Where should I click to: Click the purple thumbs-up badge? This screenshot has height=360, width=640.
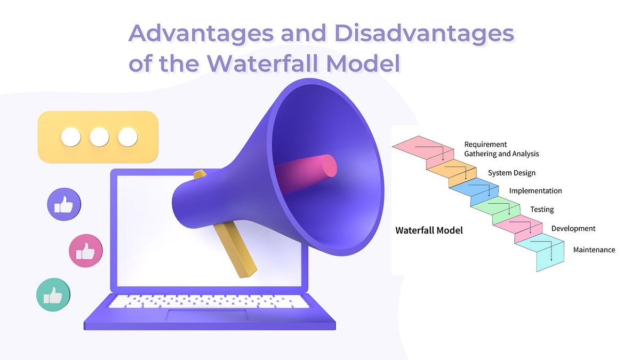64,205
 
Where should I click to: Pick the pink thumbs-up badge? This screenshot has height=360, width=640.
86,251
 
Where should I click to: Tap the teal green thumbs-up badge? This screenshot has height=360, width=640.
53,294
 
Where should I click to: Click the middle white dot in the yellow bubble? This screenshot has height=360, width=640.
99,137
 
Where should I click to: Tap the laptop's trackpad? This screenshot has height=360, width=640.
206,315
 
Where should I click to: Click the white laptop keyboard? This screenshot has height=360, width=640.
208,301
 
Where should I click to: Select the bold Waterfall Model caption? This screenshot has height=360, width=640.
429,231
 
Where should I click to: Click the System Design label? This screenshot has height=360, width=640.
511,173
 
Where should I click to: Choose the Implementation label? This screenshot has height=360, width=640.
535,191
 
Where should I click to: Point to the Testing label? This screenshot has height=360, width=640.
542,210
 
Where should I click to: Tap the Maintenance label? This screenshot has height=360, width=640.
594,250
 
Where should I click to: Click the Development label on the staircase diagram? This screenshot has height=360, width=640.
573,229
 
